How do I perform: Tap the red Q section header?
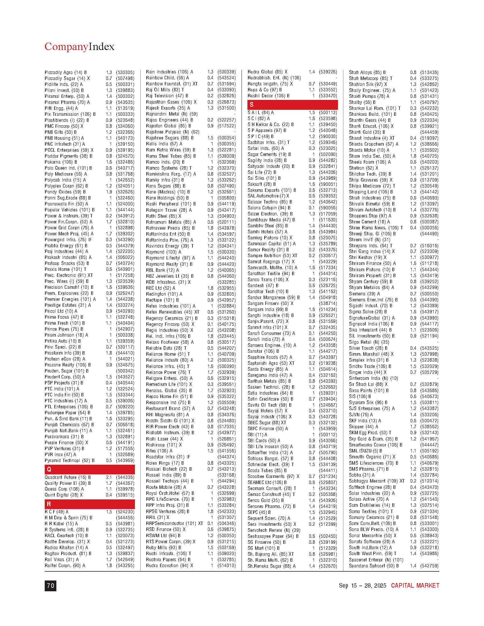pos(89,469)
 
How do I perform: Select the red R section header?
pos(89,504)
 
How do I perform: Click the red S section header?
pos(292,105)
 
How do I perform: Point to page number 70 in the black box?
pos(50,585)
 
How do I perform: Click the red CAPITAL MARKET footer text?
pos(415,585)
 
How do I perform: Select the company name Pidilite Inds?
pos(57,84)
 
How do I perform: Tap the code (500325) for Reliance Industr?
pos(227,360)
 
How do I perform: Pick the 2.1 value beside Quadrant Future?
pos(109,477)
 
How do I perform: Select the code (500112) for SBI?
pos(328,435)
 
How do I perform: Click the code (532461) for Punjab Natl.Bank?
pos(125,431)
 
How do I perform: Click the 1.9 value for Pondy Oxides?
pos(109,192)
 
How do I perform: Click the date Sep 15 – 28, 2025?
pos(362,585)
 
